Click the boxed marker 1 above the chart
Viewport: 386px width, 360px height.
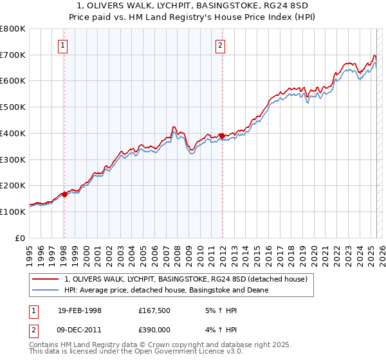pos(64,45)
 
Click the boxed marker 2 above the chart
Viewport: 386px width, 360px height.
pos(221,45)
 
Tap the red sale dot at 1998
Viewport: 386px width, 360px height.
pos(64,194)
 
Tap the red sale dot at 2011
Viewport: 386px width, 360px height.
pos(222,136)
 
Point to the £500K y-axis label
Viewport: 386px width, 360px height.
pos(12,107)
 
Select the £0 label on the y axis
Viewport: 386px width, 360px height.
pos(20,238)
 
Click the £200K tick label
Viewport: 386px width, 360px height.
pos(12,186)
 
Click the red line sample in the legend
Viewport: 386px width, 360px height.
pos(46,279)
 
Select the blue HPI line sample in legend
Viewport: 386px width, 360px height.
pos(46,290)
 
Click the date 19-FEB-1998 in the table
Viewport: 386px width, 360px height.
pos(80,310)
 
